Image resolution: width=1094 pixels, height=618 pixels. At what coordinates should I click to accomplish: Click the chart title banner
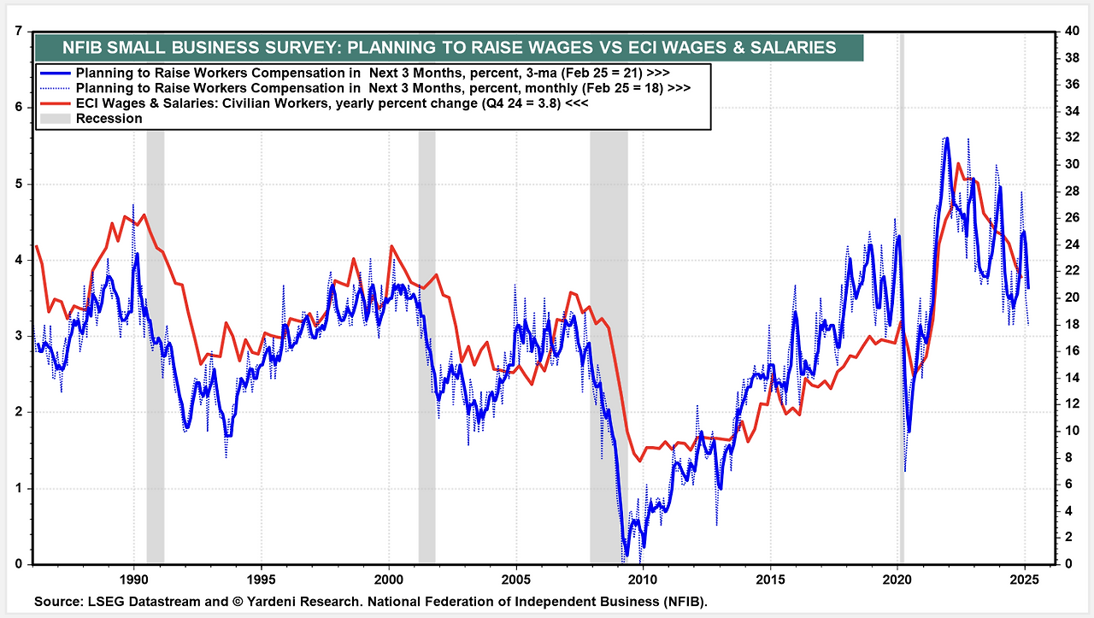[x=448, y=48]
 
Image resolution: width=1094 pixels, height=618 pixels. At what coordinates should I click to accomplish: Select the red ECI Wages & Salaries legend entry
[x=330, y=103]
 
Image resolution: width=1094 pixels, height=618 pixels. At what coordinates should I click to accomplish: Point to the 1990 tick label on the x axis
[x=133, y=578]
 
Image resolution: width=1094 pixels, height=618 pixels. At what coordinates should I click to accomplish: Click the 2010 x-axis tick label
[x=643, y=578]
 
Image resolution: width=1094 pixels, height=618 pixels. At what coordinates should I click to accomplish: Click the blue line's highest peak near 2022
[x=946, y=138]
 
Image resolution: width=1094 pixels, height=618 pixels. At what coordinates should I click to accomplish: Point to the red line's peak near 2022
[x=958, y=164]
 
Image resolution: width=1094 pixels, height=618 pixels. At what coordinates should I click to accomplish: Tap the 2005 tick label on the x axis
[x=515, y=578]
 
